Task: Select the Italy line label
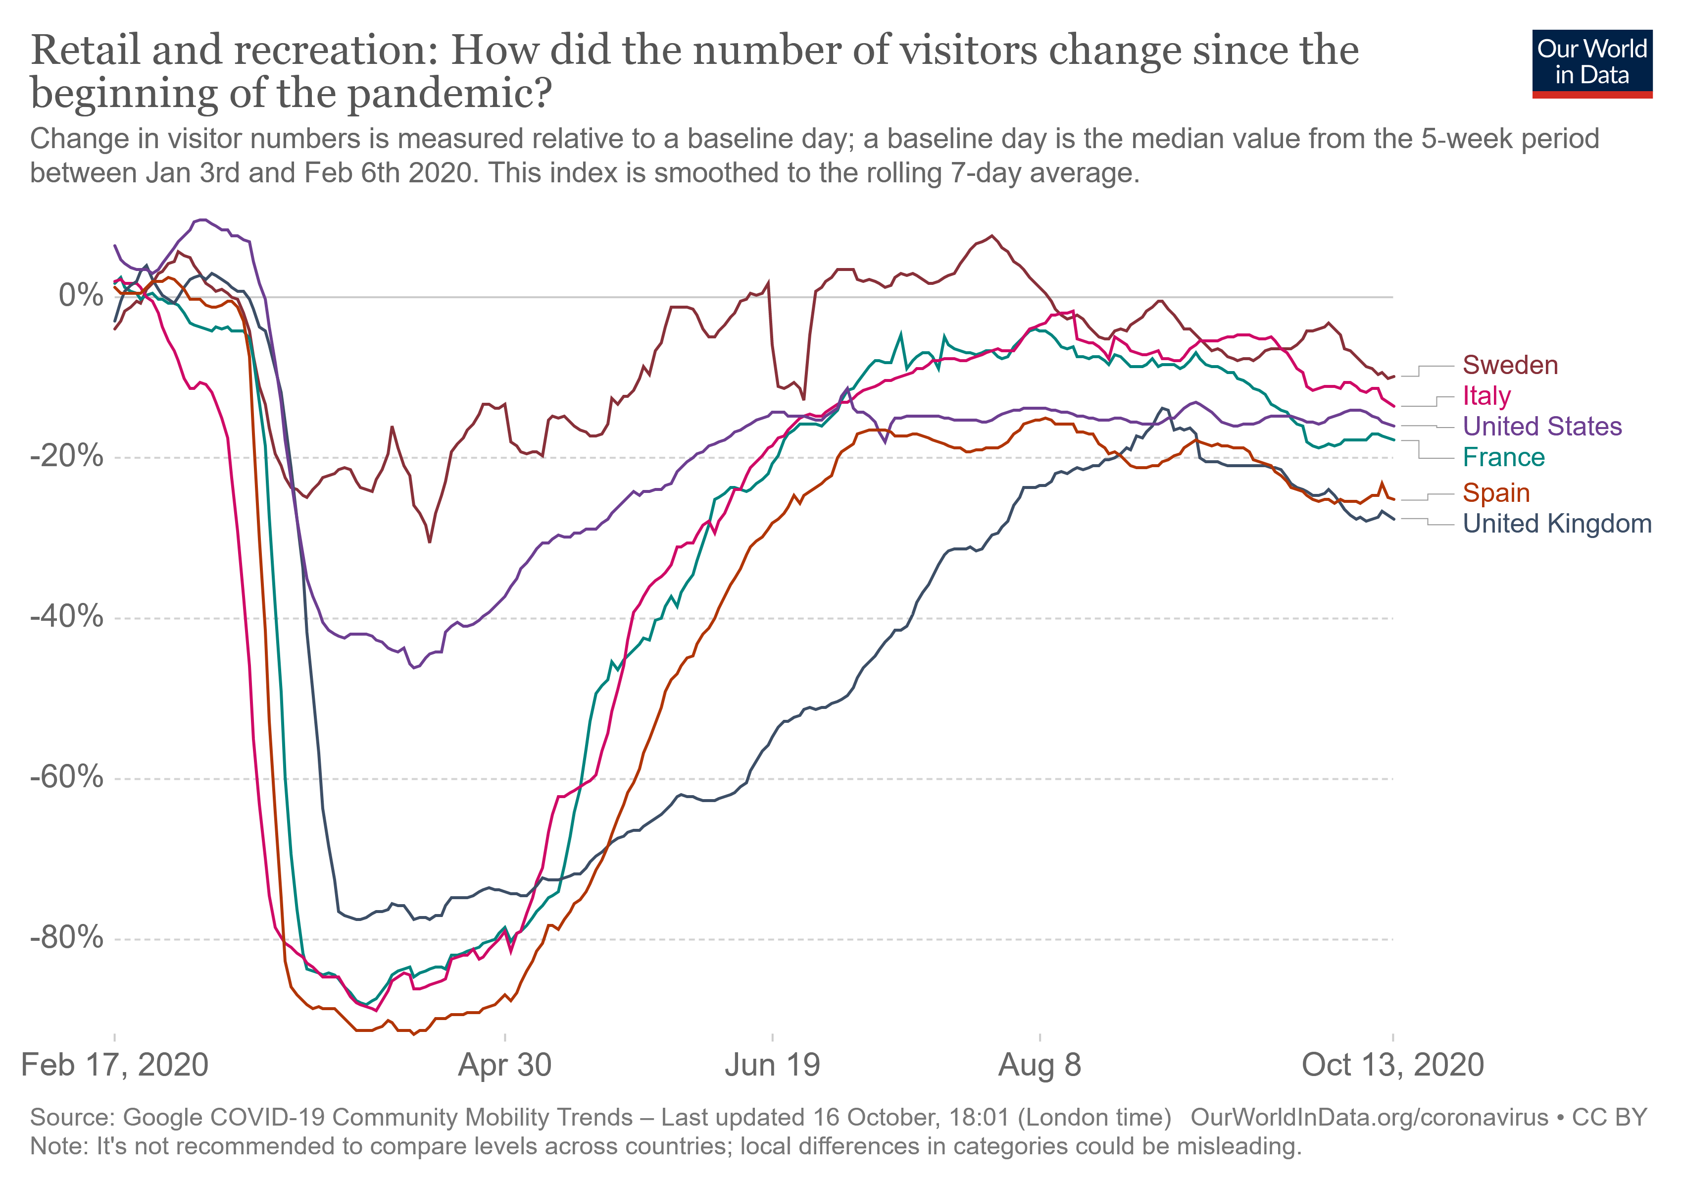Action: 1486,396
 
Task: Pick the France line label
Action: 1503,458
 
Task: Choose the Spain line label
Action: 1495,493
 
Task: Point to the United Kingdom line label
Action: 1557,524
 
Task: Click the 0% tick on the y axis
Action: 81,296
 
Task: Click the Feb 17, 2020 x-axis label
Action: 115,1065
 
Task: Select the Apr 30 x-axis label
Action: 504,1065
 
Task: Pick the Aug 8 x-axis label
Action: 1039,1065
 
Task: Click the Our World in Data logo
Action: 1591,63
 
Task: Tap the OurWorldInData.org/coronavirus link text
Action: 1369,1118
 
